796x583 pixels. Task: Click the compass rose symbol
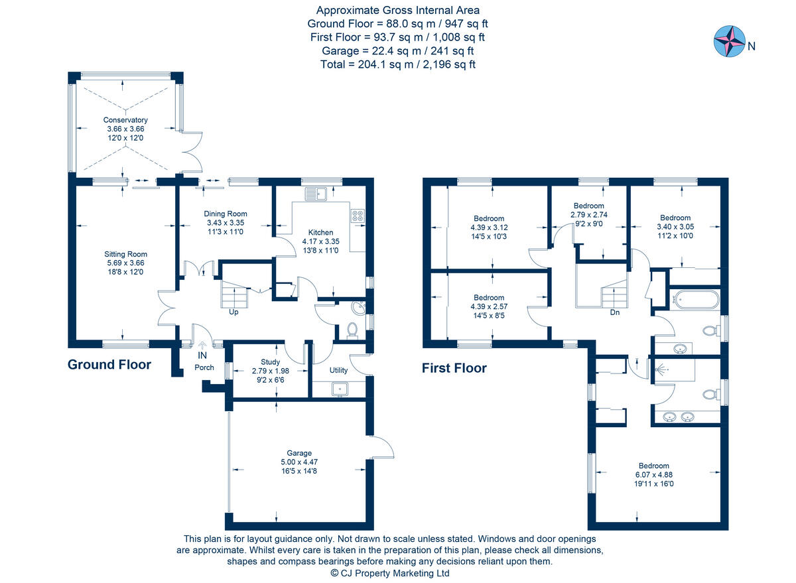coord(729,41)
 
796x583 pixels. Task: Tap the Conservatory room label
coord(125,120)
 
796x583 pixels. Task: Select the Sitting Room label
coord(125,254)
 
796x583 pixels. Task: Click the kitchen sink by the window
coord(316,194)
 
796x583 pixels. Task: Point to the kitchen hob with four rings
coord(358,216)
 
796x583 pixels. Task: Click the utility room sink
coord(340,389)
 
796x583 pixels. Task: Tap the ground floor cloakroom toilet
coord(352,330)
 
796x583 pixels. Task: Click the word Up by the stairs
coord(233,312)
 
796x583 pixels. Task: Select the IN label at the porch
coord(202,356)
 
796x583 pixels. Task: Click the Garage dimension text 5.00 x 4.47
coord(299,462)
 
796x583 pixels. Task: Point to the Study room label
coord(271,361)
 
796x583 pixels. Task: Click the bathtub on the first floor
coord(695,300)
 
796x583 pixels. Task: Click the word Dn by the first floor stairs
coord(615,312)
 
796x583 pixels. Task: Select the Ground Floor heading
coord(109,365)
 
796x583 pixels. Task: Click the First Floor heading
coord(454,368)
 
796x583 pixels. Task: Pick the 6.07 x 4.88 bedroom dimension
coord(654,475)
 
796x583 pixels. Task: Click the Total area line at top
coord(398,64)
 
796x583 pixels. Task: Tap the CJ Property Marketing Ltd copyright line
coord(390,573)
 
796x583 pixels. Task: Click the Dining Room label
coord(226,214)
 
